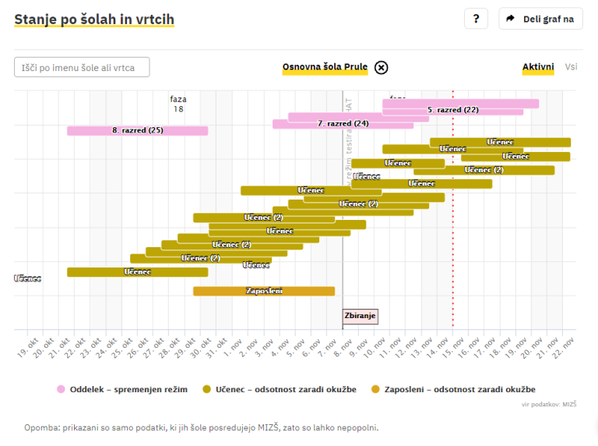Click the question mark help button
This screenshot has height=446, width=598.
[476, 19]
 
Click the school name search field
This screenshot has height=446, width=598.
[82, 68]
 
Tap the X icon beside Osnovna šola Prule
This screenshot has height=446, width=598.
[381, 68]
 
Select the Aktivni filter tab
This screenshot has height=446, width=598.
[538, 68]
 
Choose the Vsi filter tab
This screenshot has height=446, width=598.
[572, 68]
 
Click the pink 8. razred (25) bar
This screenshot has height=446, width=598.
[137, 130]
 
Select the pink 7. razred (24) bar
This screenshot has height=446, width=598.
[343, 123]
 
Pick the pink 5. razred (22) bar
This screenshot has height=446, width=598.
[453, 110]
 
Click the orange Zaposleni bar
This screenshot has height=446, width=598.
[264, 291]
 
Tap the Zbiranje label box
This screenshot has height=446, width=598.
[361, 316]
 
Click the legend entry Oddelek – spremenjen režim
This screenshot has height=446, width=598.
[122, 389]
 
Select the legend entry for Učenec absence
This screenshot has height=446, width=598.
[279, 389]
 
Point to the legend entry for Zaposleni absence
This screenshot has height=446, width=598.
[453, 389]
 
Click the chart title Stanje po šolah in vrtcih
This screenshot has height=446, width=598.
[94, 19]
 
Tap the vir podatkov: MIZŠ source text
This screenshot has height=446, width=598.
[549, 404]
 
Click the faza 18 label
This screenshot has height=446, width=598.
[178, 104]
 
